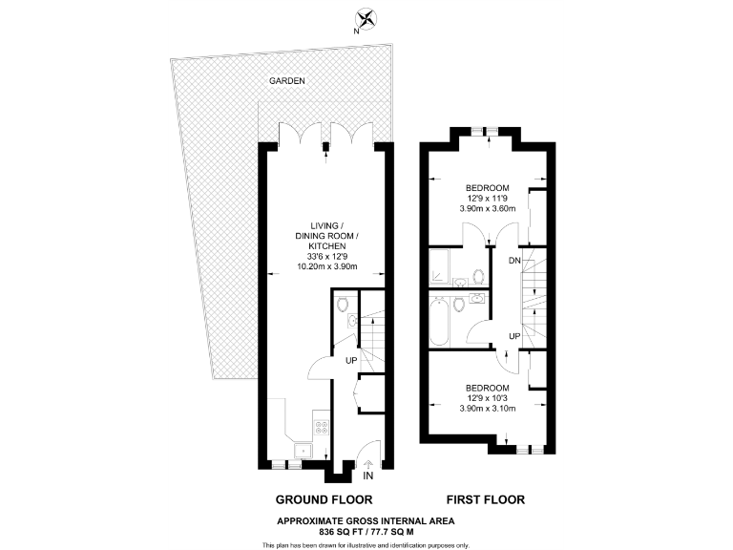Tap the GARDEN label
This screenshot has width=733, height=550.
pos(286,81)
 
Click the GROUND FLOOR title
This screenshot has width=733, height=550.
pos(324,499)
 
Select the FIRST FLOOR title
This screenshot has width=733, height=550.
pos(485,499)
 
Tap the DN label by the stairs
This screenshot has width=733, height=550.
pos(513,261)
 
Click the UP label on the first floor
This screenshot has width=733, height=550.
pos(513,337)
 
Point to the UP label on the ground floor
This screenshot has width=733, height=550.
pos(352,360)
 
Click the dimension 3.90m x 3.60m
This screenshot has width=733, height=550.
pos(488,208)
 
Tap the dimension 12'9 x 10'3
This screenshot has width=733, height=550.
pos(488,398)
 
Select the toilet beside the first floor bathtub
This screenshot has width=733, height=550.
pos(459,306)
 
